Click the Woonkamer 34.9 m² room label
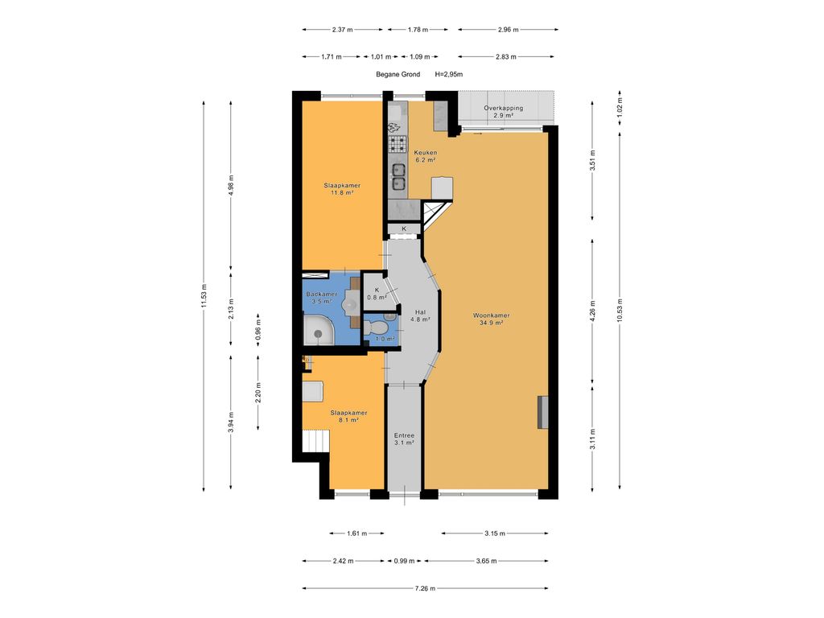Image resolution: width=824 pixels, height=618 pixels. click(x=488, y=319)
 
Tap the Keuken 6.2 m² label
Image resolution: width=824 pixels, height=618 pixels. click(x=425, y=156)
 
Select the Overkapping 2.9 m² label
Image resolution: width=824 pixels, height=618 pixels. click(x=503, y=112)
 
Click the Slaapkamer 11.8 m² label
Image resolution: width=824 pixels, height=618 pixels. click(x=343, y=189)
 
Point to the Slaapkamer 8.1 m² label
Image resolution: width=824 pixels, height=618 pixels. click(x=348, y=416)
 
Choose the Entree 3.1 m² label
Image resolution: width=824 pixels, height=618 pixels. click(x=403, y=439)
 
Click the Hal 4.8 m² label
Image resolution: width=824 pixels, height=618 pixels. click(x=421, y=315)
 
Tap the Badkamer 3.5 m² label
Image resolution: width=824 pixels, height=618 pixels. click(x=321, y=299)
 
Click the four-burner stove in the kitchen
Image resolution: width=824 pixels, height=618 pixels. click(x=398, y=145)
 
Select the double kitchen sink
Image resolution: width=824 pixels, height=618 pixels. click(x=398, y=176)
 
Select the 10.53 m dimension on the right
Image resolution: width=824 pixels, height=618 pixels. click(x=620, y=306)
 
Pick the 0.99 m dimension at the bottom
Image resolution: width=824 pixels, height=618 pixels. click(x=402, y=561)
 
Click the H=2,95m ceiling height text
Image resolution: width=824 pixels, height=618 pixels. click(x=448, y=74)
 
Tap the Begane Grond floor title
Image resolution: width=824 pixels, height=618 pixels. click(x=398, y=74)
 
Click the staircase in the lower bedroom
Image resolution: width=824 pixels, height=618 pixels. click(x=315, y=442)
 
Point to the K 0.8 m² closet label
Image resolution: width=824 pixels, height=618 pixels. click(x=376, y=293)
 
